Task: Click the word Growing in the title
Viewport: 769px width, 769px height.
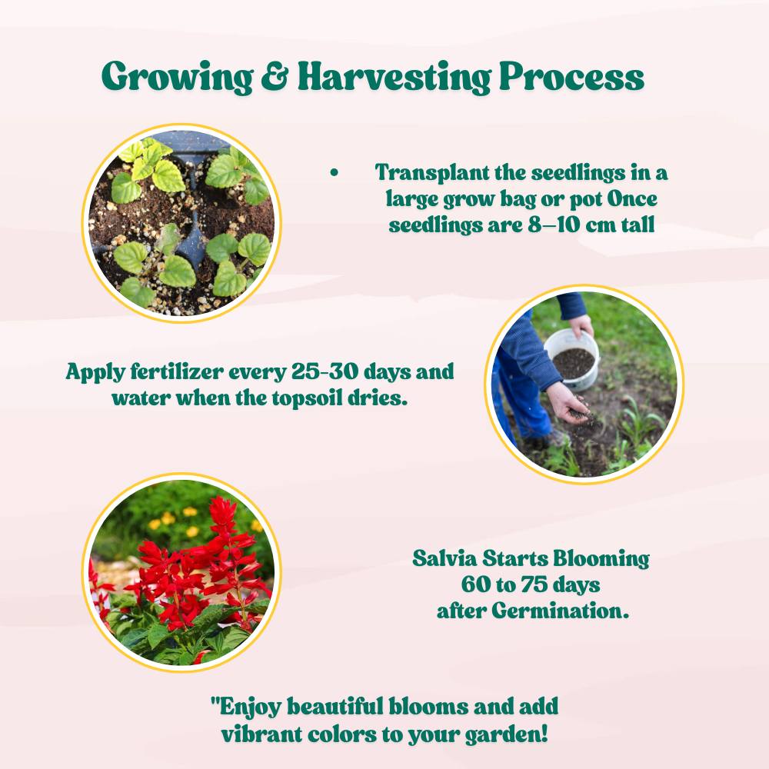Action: [177, 78]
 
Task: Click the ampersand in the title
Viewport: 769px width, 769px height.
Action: [275, 76]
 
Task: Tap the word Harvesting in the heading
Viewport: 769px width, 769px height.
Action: [394, 78]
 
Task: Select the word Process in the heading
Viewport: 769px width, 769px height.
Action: [571, 76]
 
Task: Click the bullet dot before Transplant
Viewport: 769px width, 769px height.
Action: [335, 172]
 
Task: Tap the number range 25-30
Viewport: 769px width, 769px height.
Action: [325, 371]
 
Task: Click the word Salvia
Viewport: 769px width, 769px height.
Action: [444, 558]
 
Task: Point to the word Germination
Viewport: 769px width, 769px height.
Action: [560, 611]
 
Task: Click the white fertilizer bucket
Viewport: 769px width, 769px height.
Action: [572, 358]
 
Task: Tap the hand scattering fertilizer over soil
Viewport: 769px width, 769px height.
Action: [569, 402]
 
